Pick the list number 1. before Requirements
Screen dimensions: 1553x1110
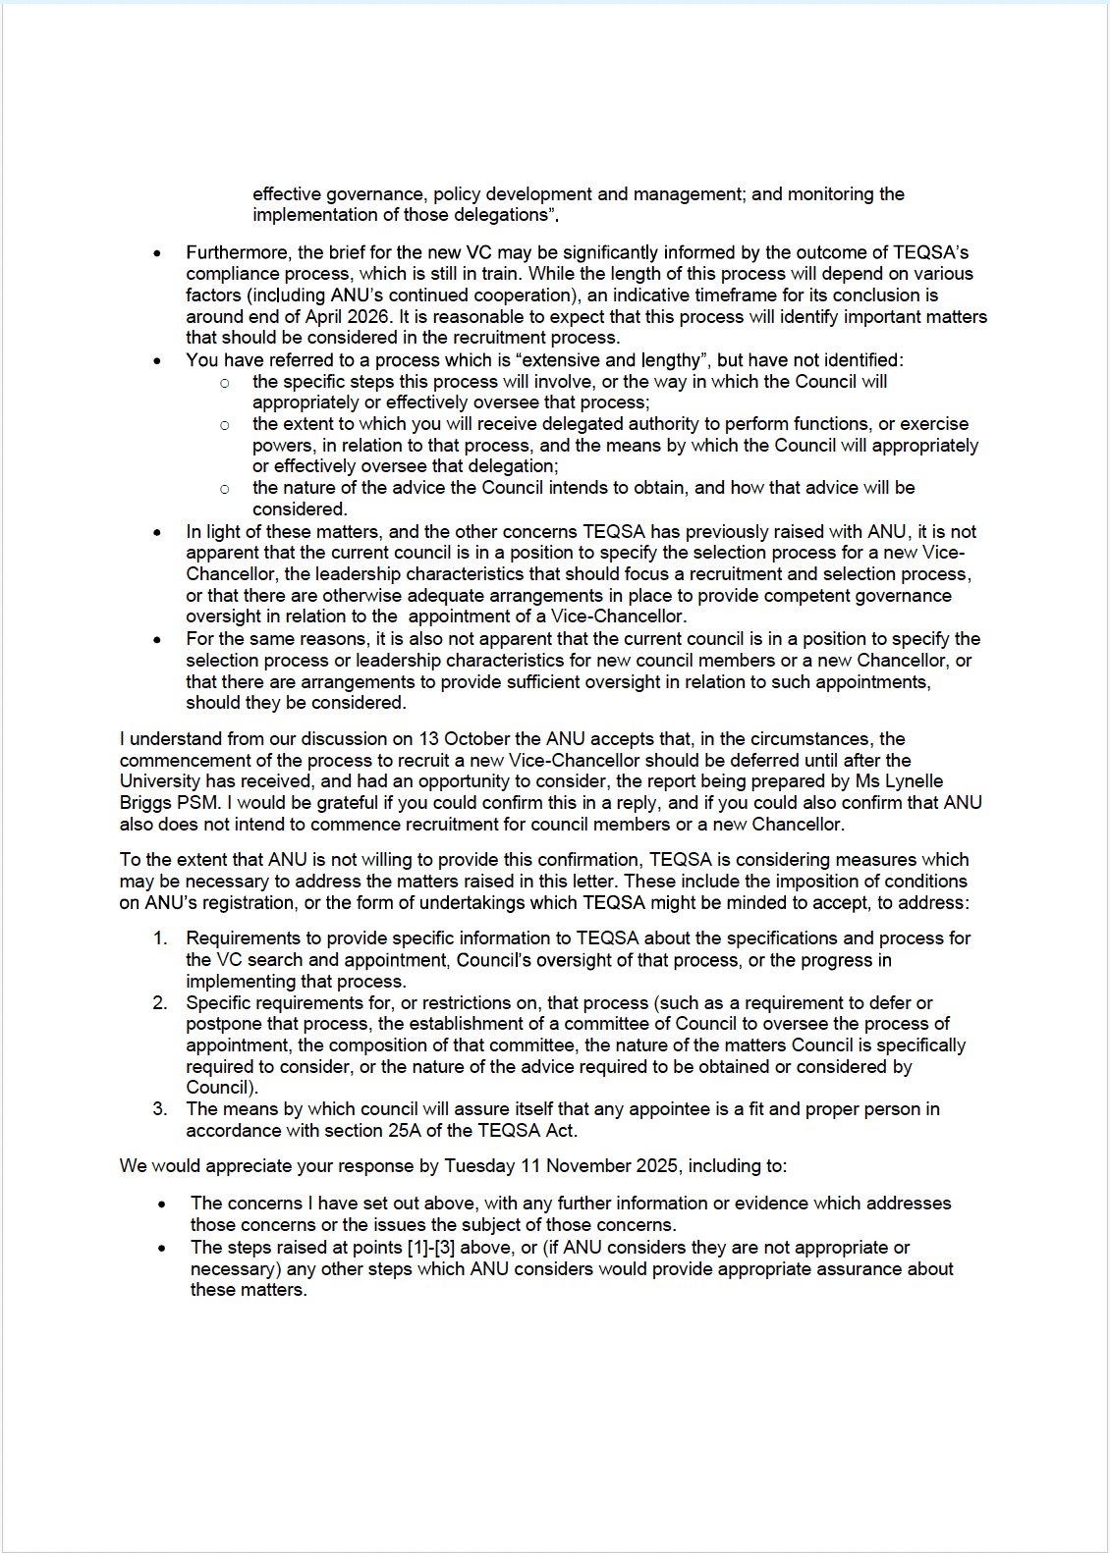pos(160,937)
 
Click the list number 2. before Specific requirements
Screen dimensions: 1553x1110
pos(160,1002)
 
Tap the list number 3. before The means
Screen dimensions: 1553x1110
pos(160,1108)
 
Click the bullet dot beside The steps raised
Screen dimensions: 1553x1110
pos(161,1248)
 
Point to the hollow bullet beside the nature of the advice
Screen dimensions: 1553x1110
pos(225,488)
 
